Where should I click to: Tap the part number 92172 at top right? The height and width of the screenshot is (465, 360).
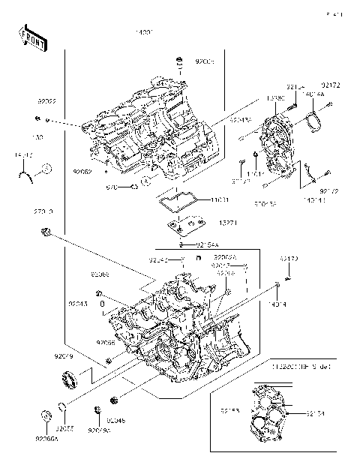coord(331,87)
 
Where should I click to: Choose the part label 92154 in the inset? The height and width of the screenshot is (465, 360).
coord(316,413)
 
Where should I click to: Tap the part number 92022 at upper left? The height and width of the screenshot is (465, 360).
coord(49,99)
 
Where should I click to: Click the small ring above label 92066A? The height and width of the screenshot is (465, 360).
coord(45,414)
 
